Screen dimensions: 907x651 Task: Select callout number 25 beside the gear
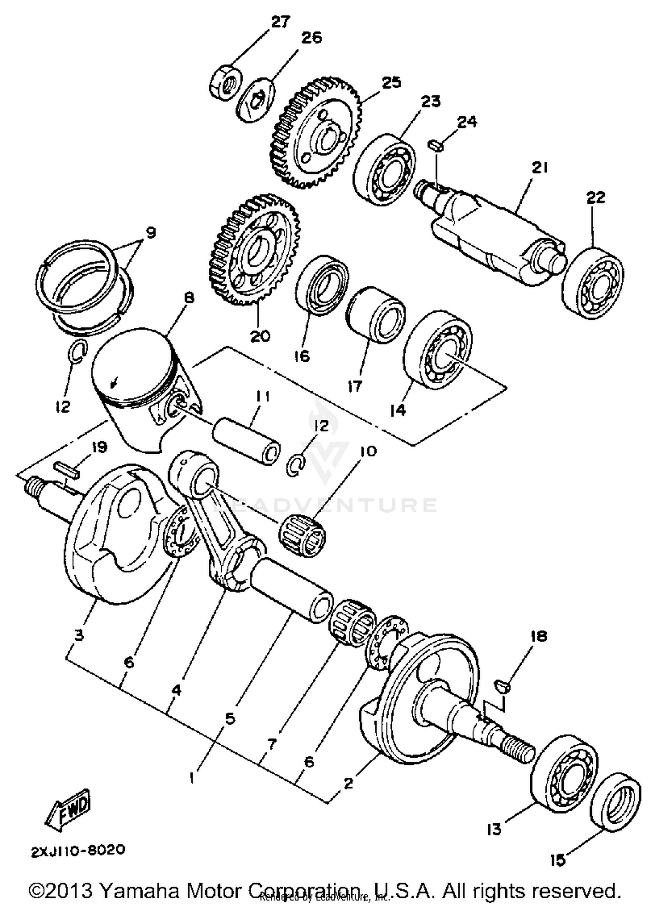click(x=391, y=83)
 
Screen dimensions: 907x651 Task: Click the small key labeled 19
click(x=67, y=470)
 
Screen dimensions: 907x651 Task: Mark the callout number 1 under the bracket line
click(x=191, y=778)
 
